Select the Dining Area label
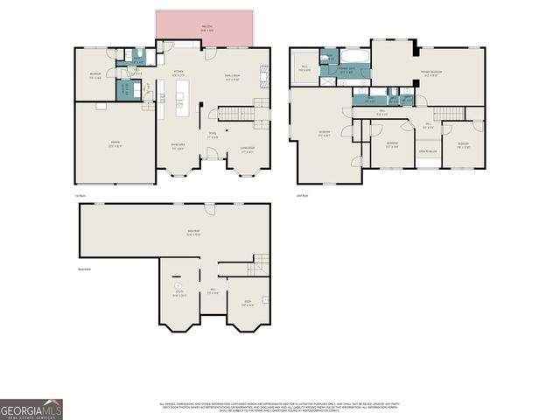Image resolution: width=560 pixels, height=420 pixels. [x=178, y=147]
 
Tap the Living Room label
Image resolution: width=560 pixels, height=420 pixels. [x=248, y=148]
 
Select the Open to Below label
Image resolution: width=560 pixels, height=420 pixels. [x=427, y=152]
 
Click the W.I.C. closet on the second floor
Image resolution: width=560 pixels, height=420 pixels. [x=304, y=69]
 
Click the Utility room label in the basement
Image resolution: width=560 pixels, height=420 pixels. [x=178, y=294]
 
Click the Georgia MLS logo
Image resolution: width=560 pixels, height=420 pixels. [x=31, y=409]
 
